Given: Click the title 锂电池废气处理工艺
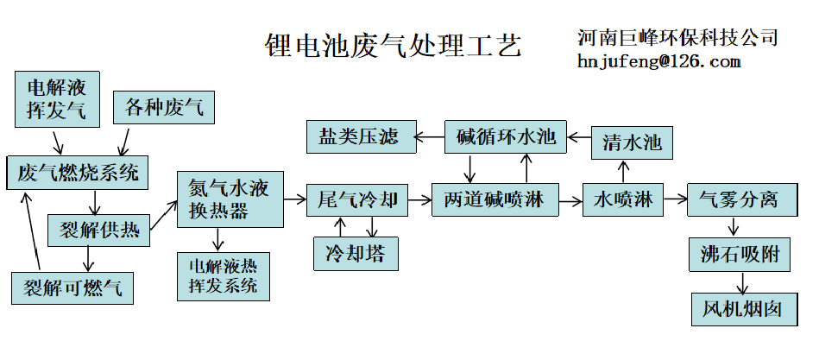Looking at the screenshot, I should tap(393, 44).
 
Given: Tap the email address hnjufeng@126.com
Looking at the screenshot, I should tap(659, 61).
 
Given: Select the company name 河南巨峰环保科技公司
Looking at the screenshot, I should tap(677, 37).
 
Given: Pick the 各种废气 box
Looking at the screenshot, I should tap(164, 107).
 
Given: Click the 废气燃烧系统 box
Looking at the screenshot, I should tap(78, 172).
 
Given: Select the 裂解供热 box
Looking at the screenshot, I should tap(98, 231).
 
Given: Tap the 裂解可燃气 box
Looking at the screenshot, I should tap(73, 287).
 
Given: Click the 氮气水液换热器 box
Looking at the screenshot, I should tap(230, 199).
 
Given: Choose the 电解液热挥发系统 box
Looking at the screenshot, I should tap(223, 275).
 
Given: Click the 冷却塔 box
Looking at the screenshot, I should tap(356, 254).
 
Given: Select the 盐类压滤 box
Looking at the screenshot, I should tap(359, 137).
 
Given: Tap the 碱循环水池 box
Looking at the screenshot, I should tap(507, 137).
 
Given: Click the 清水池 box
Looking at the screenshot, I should tap(632, 142).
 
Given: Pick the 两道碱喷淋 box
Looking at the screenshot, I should tap(495, 199).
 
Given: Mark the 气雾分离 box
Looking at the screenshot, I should tap(739, 199).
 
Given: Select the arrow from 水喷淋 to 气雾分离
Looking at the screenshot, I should tap(676, 199).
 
